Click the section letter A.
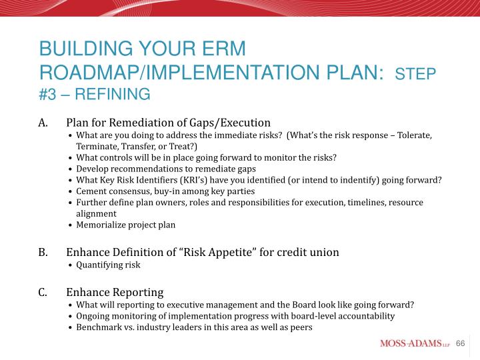point(43,123)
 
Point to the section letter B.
point(43,253)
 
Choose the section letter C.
point(43,293)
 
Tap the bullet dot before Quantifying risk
point(71,265)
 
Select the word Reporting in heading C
point(138,293)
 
